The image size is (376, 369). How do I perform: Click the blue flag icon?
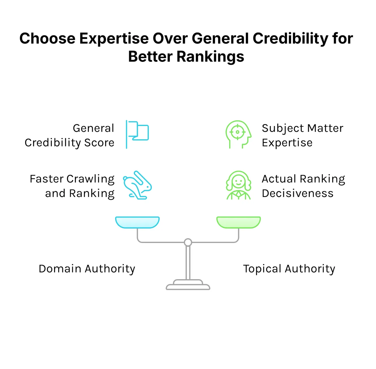137,134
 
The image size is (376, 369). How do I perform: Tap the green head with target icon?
238,134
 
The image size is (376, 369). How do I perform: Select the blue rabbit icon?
137,185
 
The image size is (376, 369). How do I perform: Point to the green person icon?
239,185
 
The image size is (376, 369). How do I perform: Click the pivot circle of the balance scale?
188,242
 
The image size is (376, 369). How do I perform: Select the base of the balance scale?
188,286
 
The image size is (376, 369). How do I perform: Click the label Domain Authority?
87,269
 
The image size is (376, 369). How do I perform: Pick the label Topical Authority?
289,269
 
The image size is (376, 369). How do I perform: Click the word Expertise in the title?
114,38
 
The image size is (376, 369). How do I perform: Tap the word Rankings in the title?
210,57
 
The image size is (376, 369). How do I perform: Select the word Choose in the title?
47,38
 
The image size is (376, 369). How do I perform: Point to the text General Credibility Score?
70,135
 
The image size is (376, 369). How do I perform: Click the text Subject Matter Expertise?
302,135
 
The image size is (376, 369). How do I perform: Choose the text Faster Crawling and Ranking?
72,186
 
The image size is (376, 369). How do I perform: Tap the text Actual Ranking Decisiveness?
303,186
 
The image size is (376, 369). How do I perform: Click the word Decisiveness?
298,194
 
